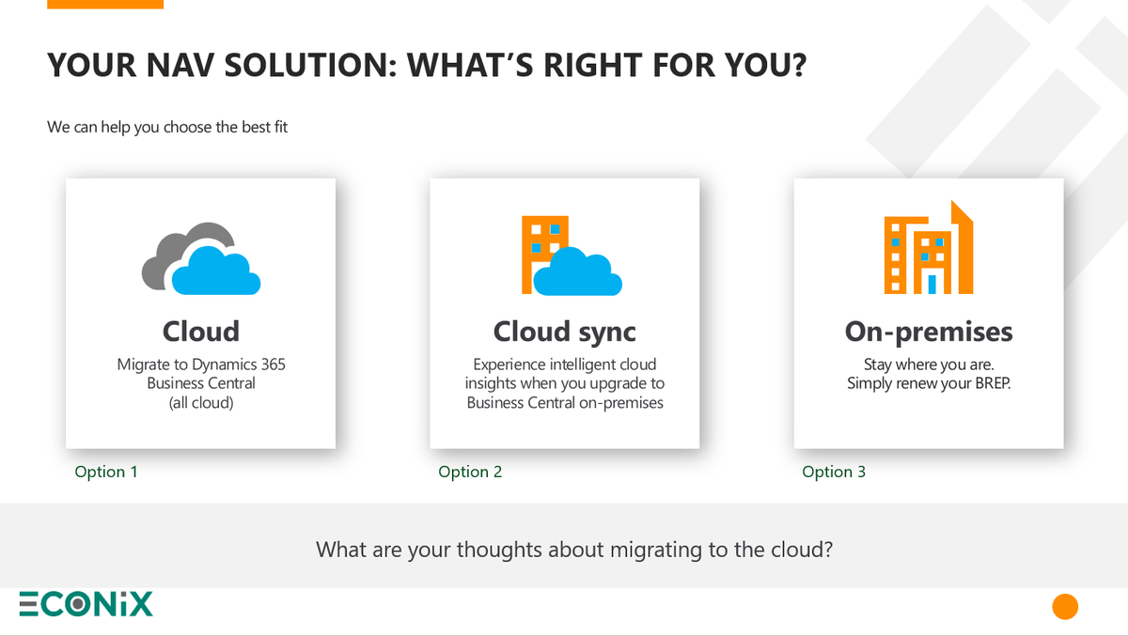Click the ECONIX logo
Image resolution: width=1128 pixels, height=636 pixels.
[86, 604]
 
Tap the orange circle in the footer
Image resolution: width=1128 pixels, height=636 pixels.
[1064, 606]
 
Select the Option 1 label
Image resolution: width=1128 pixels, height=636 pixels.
[106, 472]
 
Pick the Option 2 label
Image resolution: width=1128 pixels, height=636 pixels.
[470, 472]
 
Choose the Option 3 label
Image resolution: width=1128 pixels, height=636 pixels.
[834, 472]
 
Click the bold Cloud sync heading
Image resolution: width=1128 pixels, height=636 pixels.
[564, 332]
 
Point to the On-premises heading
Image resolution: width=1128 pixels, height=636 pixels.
[929, 332]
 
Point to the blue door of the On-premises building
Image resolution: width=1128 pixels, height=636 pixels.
[932, 283]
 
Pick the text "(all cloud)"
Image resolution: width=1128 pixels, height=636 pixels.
[200, 402]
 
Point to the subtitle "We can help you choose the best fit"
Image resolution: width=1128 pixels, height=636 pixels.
[167, 126]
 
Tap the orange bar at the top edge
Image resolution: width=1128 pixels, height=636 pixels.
[104, 4]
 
